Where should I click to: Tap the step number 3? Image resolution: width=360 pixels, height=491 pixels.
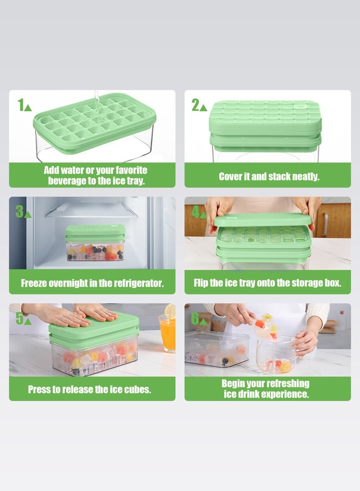[x=19, y=211]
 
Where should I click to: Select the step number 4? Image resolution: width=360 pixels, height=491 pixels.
[x=195, y=211]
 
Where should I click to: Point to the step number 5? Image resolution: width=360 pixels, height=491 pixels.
[x=19, y=318]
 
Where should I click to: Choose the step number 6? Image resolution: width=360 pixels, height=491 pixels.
[x=195, y=318]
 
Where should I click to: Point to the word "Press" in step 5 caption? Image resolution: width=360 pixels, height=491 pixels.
[x=40, y=389]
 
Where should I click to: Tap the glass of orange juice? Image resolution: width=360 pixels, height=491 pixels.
[x=167, y=334]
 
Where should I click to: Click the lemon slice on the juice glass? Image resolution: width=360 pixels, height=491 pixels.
[x=170, y=311]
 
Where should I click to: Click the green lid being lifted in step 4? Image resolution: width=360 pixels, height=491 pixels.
[x=263, y=220]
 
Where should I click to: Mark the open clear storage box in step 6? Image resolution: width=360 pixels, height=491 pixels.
[x=216, y=349]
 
